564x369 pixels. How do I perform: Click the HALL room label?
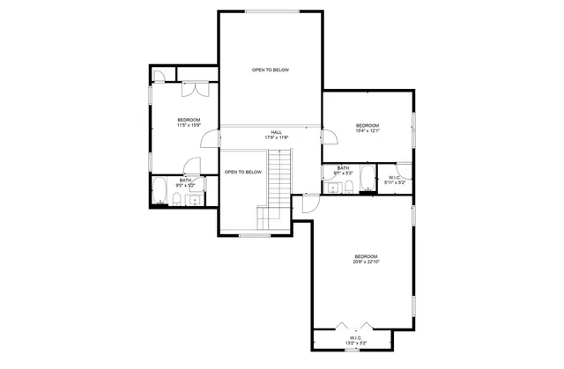277,131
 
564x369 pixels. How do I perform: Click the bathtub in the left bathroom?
161,191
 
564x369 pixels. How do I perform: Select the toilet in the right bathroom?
348,188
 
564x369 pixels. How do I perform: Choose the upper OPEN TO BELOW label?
270,70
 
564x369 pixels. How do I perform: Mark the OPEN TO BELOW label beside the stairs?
242,172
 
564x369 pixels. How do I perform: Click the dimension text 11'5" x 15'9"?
189,125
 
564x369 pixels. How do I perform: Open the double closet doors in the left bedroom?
193,90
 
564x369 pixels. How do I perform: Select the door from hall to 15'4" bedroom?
329,137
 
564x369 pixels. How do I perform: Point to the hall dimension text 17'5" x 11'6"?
277,137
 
